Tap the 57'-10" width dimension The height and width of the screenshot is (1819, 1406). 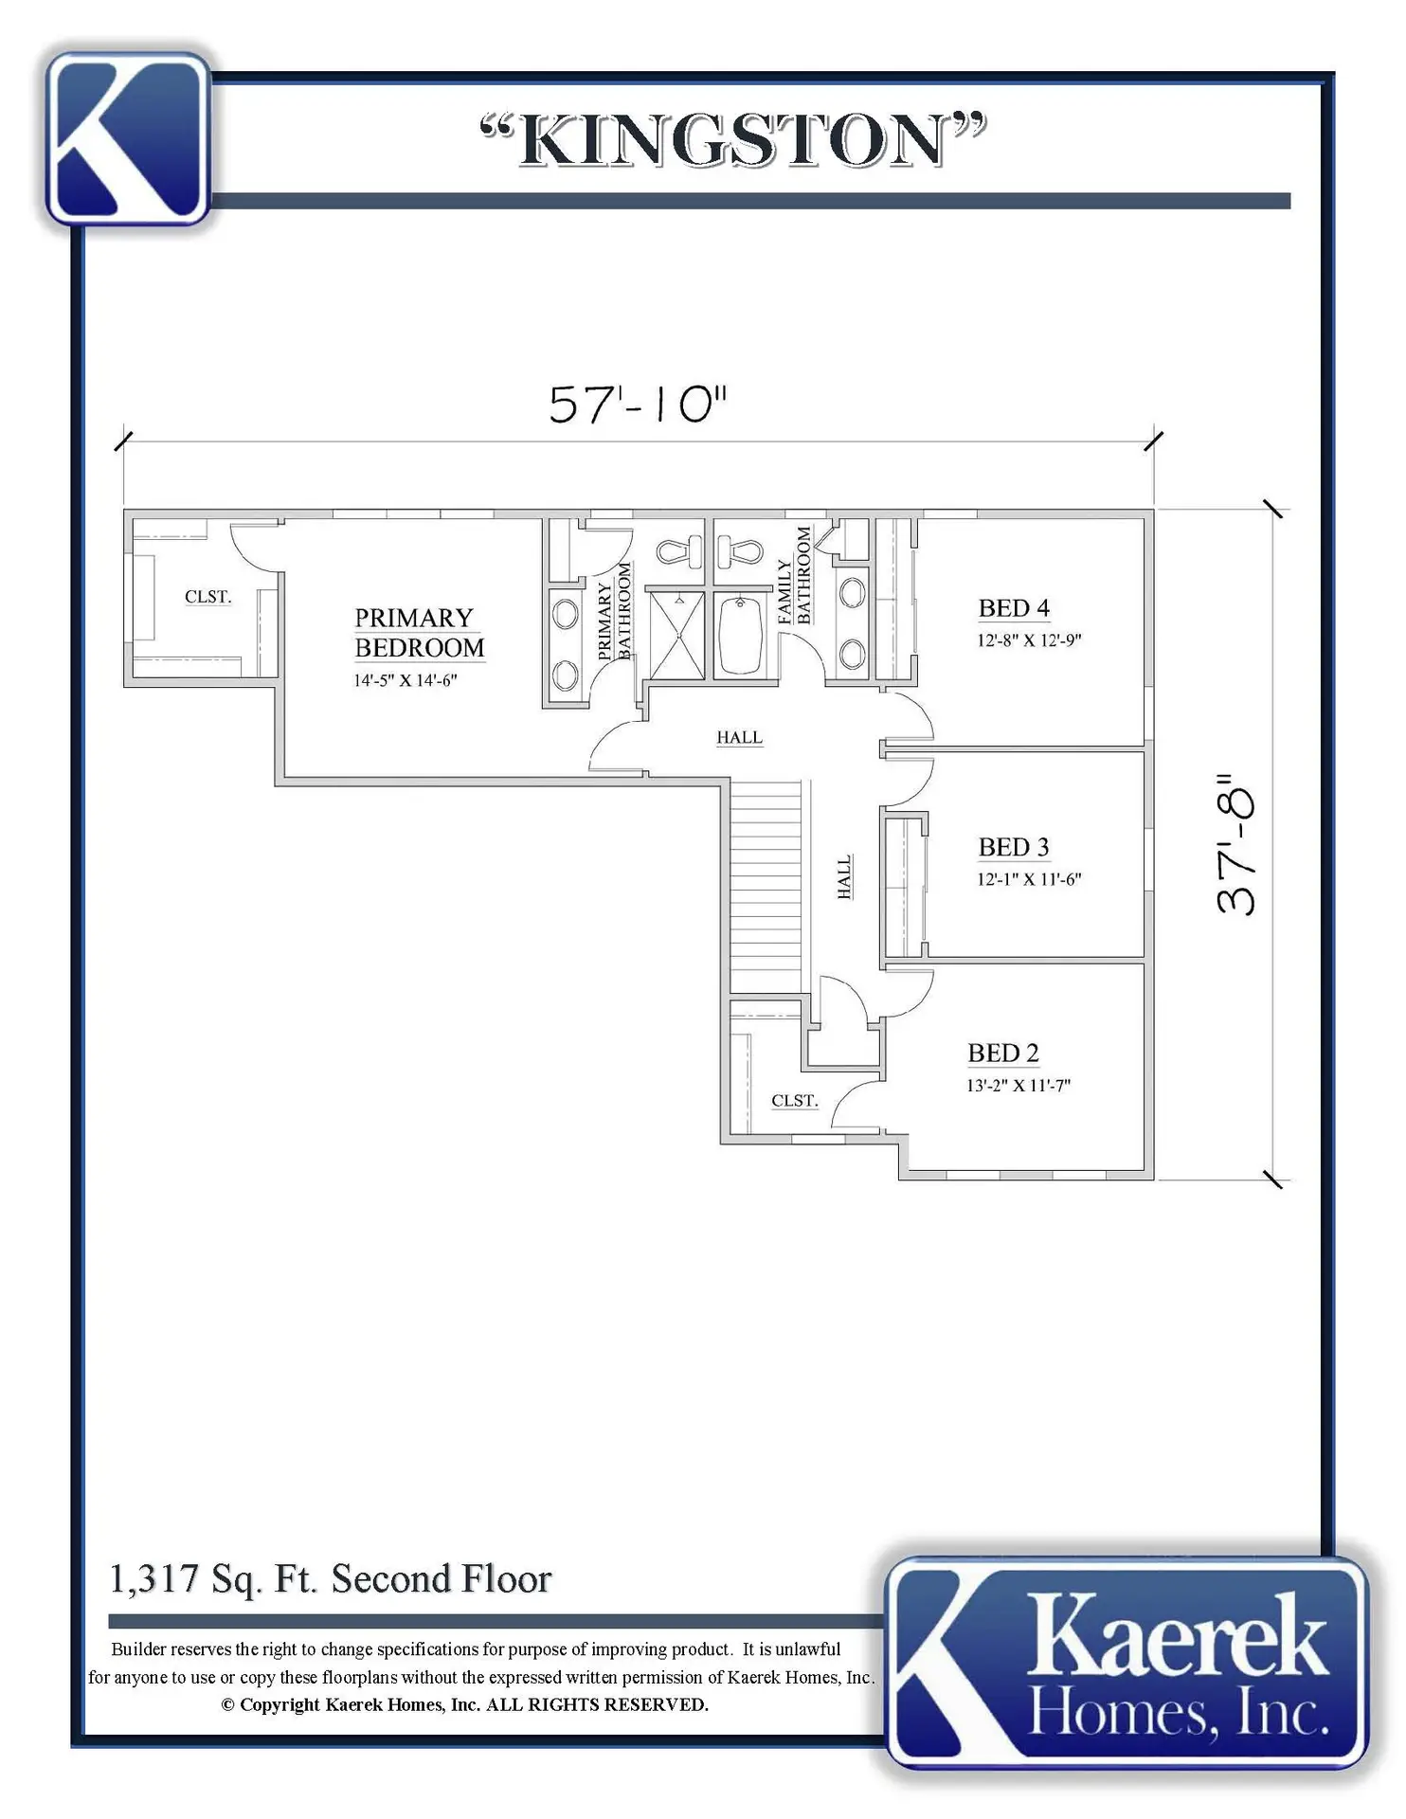(x=638, y=405)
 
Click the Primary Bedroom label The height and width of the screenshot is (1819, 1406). (x=419, y=633)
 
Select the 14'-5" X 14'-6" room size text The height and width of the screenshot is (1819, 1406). (x=406, y=680)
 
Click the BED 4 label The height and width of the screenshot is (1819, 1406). (x=1014, y=608)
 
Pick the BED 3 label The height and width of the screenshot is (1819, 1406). (x=1014, y=847)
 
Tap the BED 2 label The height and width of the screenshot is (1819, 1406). (x=1003, y=1054)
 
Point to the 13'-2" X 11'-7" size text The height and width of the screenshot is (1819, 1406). (x=1018, y=1086)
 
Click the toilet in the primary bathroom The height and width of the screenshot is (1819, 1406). (x=679, y=550)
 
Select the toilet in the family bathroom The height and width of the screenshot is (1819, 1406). (x=740, y=550)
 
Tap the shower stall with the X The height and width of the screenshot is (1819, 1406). (x=675, y=635)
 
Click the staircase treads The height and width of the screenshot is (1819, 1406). (x=766, y=886)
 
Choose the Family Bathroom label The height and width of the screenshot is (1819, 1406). (x=794, y=576)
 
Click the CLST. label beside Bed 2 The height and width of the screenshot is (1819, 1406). (x=794, y=1101)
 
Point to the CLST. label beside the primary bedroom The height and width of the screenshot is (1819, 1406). (x=207, y=597)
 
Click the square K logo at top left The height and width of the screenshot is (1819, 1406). (x=128, y=138)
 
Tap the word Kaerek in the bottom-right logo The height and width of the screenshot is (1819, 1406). (x=1177, y=1636)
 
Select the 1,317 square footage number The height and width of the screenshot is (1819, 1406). (x=153, y=1579)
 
